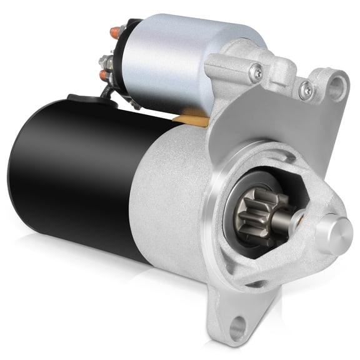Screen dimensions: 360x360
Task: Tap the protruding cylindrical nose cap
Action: pyautogui.click(x=333, y=233)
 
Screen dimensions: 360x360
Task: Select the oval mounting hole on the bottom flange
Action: pyautogui.click(x=237, y=325)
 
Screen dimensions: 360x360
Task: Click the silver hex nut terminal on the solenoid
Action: pyautogui.click(x=106, y=61)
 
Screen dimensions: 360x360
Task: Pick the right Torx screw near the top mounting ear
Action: pyautogui.click(x=305, y=90)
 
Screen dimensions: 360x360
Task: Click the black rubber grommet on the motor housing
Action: pyautogui.click(x=78, y=98)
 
